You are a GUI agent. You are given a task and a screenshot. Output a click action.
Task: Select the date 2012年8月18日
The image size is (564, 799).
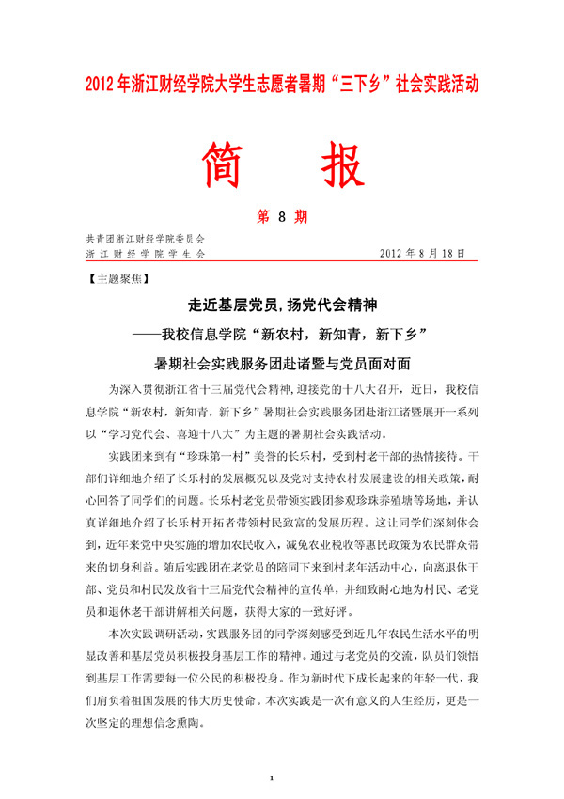click(425, 254)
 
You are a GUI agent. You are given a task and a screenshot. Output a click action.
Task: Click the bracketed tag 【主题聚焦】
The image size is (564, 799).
click(116, 279)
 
